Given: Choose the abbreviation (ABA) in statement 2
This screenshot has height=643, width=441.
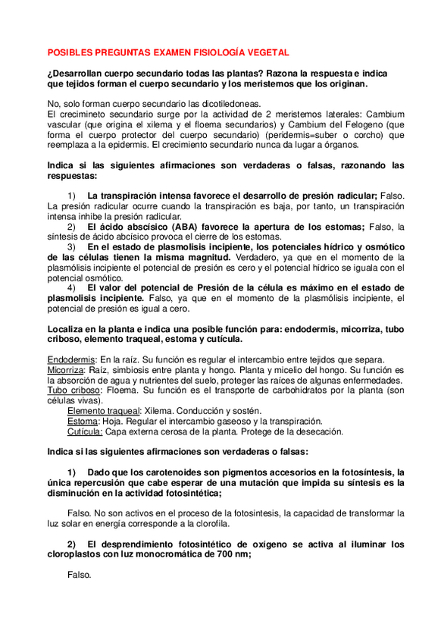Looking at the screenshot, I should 190,226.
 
